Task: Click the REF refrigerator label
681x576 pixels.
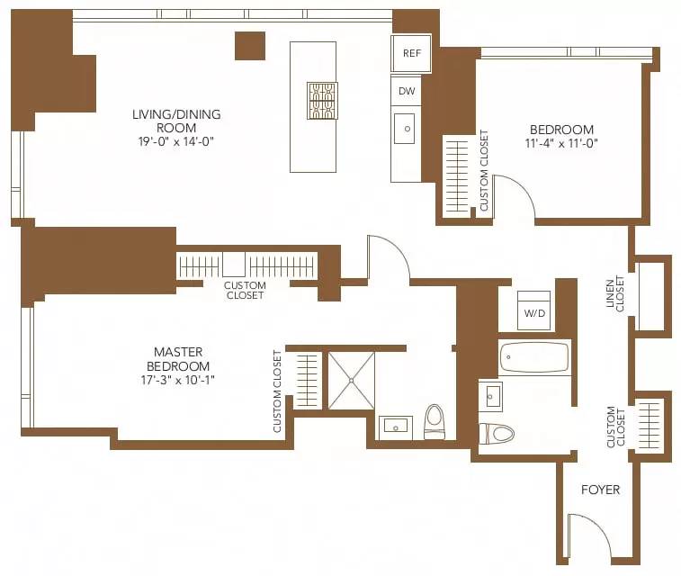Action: (x=411, y=53)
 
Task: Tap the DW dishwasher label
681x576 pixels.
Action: (x=406, y=91)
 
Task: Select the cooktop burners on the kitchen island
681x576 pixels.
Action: (x=322, y=100)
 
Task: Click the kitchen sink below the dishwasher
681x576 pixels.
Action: (x=405, y=129)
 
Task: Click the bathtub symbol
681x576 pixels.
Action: (x=534, y=357)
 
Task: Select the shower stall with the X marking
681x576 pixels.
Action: (x=351, y=381)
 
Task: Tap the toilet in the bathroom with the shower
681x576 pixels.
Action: (x=435, y=421)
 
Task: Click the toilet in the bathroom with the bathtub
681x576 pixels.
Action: (x=497, y=433)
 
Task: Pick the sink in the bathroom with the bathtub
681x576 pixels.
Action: (x=490, y=396)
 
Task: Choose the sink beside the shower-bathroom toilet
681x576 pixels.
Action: (x=395, y=425)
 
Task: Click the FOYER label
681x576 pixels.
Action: (x=600, y=490)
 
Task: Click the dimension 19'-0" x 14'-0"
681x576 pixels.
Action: (x=176, y=141)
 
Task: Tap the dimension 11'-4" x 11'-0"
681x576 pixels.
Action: (x=561, y=143)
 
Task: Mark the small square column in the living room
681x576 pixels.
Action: (x=250, y=46)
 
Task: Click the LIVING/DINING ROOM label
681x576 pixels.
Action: (x=176, y=121)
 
